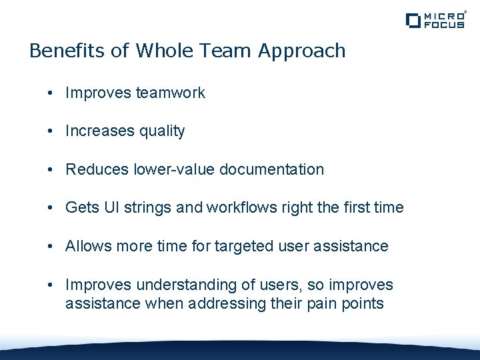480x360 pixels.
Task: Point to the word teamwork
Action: tap(171, 93)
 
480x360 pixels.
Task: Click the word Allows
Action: tap(88, 246)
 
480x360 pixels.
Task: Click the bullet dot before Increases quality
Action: tap(51, 131)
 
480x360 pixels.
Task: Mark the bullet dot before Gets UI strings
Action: tap(51, 208)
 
